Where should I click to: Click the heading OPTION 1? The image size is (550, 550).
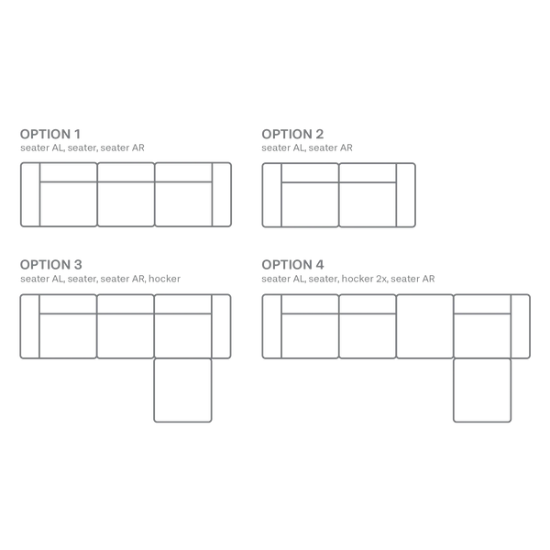(x=50, y=134)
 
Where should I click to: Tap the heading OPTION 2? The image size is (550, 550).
(x=292, y=134)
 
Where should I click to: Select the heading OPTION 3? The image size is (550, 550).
(x=50, y=265)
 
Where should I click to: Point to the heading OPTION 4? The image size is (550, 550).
(x=292, y=265)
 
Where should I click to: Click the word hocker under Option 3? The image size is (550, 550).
(x=164, y=279)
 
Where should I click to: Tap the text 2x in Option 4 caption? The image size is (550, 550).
(x=381, y=279)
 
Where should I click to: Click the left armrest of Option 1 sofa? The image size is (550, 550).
(x=30, y=194)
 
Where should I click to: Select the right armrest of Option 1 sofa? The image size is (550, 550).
(x=222, y=194)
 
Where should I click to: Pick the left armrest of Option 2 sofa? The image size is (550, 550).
(x=272, y=195)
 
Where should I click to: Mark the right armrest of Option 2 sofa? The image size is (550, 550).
(x=406, y=195)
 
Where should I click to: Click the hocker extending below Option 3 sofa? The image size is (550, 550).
(x=182, y=390)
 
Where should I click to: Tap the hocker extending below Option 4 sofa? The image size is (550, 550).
(x=482, y=390)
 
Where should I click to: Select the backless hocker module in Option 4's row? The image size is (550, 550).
(x=424, y=326)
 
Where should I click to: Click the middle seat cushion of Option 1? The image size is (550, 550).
(x=126, y=204)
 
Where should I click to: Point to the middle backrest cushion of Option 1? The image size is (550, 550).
(x=126, y=172)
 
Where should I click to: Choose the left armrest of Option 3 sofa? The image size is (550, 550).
(x=30, y=326)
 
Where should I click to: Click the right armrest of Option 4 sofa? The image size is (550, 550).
(x=521, y=326)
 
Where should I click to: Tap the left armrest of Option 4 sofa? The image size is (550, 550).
(x=272, y=326)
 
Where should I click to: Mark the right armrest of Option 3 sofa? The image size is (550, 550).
(x=221, y=326)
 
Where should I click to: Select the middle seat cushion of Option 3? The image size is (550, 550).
(x=126, y=336)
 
